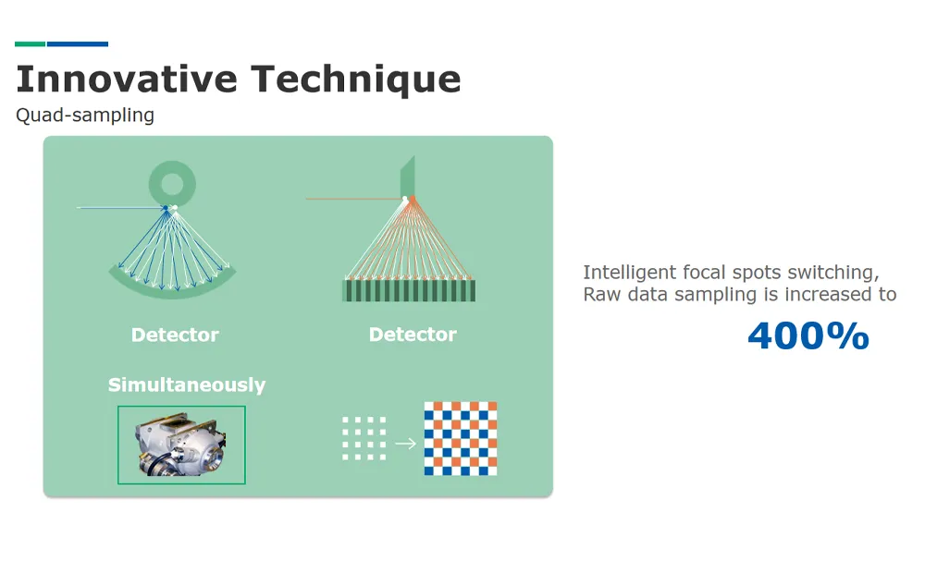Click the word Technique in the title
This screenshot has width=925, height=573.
click(356, 79)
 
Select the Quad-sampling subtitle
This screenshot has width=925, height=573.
click(84, 116)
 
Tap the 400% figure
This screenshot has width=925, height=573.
click(808, 335)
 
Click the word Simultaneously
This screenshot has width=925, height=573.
click(187, 385)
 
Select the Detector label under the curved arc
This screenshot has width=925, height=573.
click(175, 335)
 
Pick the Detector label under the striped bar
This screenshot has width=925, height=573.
click(413, 335)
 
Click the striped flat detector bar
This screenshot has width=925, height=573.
click(409, 290)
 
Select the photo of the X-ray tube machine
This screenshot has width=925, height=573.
click(181, 445)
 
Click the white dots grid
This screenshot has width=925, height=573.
click(364, 438)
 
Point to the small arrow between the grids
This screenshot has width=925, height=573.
click(405, 444)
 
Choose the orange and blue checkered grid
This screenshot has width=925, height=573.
click(461, 438)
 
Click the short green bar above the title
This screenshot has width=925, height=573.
click(30, 43)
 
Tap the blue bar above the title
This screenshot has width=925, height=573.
click(78, 43)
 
